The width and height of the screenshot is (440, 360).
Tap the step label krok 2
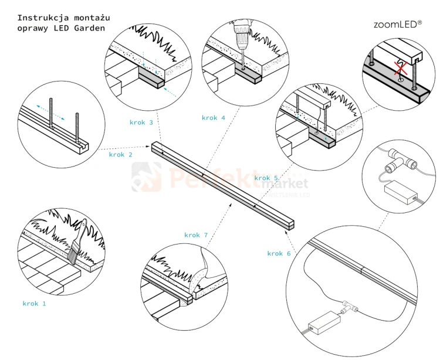[x=120, y=155]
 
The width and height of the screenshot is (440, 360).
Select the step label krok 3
[x=141, y=123]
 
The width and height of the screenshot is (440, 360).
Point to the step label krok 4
[x=214, y=118]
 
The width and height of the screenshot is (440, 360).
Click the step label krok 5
[x=266, y=178]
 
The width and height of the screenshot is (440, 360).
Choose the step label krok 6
[x=279, y=253]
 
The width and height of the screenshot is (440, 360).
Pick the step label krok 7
[x=196, y=235]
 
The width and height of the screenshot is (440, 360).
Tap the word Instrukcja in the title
[x=40, y=18]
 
